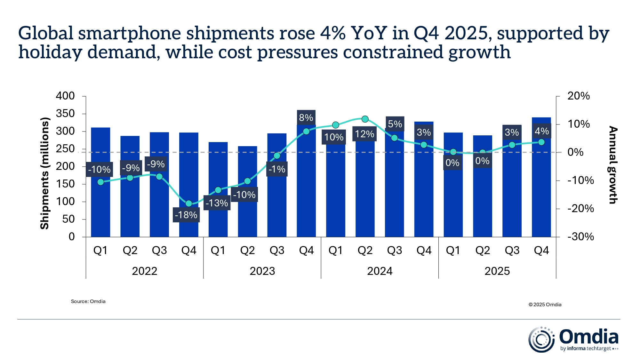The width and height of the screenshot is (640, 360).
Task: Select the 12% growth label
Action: [x=364, y=134]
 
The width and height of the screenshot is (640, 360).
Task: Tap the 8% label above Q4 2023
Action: [x=306, y=118]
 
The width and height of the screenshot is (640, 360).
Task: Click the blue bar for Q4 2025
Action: [x=541, y=192]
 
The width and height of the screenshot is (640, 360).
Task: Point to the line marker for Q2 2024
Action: [x=365, y=119]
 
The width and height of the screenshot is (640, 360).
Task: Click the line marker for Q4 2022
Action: [x=189, y=204]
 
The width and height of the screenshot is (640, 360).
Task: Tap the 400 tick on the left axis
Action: [x=65, y=96]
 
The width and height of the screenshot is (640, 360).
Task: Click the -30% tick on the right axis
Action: [x=580, y=237]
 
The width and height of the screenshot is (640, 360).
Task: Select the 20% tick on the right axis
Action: [x=578, y=96]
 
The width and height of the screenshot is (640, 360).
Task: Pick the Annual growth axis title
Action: [x=612, y=165]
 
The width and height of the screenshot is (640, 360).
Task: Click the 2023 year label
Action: [x=262, y=271]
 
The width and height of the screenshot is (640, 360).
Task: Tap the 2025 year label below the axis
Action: [x=497, y=271]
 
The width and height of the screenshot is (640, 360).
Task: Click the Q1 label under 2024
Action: [x=335, y=250]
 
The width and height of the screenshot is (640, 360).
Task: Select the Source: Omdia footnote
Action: [x=88, y=301]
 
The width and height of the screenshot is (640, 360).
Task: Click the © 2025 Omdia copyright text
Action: [x=545, y=305]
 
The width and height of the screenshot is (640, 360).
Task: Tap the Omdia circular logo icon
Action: [x=541, y=340]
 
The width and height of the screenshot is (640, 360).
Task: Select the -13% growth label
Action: [x=217, y=203]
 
